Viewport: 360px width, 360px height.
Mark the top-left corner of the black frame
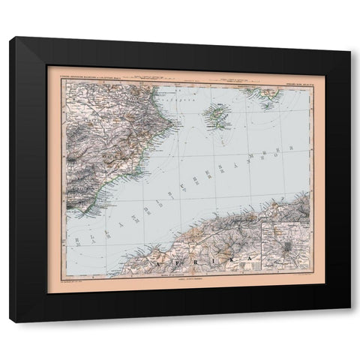(10, 37)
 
